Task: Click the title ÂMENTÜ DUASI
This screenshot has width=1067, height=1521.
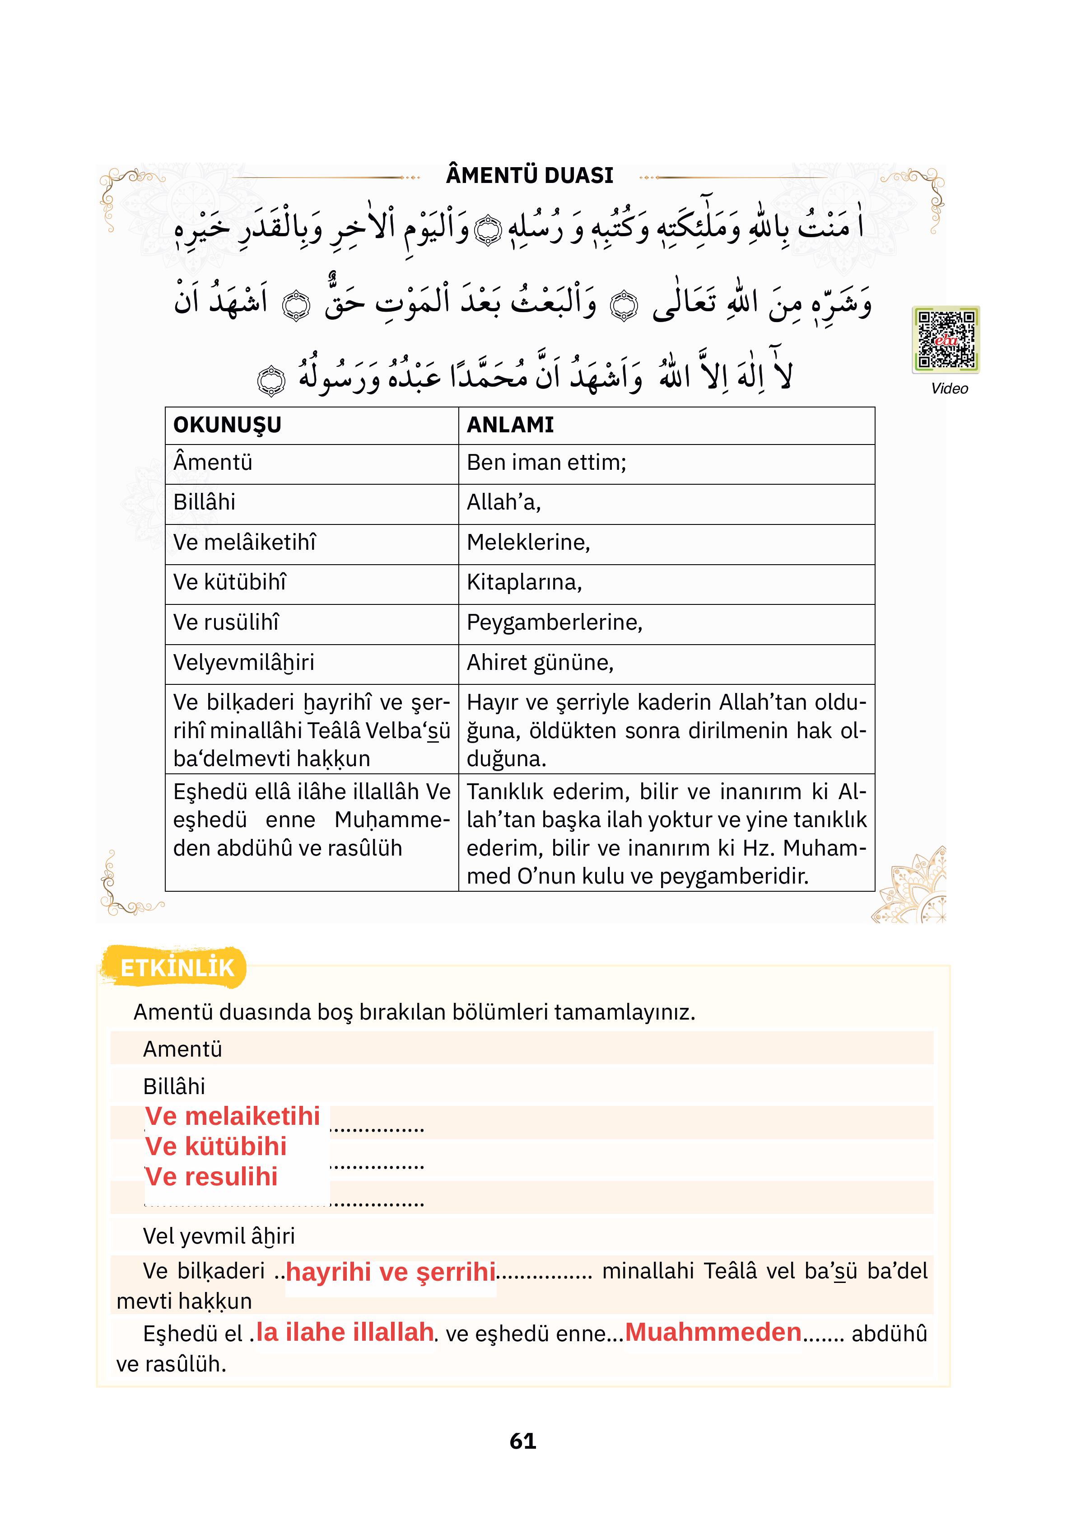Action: [x=529, y=176]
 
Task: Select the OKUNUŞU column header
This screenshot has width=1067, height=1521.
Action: [x=227, y=425]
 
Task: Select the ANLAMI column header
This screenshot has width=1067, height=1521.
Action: [x=510, y=425]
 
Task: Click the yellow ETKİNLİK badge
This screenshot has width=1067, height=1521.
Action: [x=176, y=968]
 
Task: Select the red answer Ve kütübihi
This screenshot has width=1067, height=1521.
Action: [x=216, y=1147]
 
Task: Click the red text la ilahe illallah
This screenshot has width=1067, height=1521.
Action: [x=345, y=1332]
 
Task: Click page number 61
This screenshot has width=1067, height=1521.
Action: [x=522, y=1441]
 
